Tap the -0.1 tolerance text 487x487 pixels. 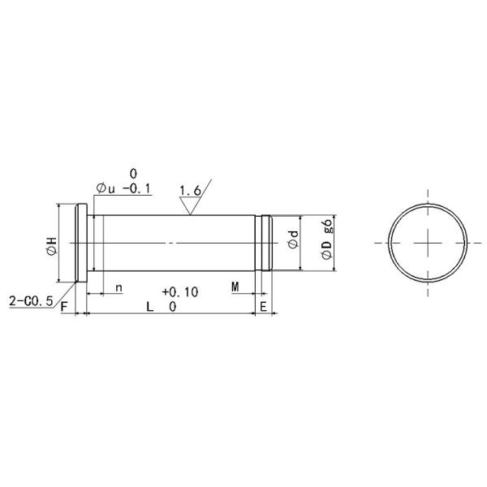tap(135, 189)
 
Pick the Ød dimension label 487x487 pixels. tap(294, 241)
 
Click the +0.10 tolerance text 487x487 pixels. tap(180, 291)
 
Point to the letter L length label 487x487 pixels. tap(149, 307)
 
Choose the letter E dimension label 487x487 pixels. tap(263, 307)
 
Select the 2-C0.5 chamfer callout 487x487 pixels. tap(30, 300)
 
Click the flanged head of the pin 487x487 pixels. tap(80, 243)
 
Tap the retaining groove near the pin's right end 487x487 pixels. tap(264, 243)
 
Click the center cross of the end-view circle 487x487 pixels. tap(427, 243)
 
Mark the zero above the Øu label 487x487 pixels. tap(132, 173)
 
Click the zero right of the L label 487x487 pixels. tap(173, 307)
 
